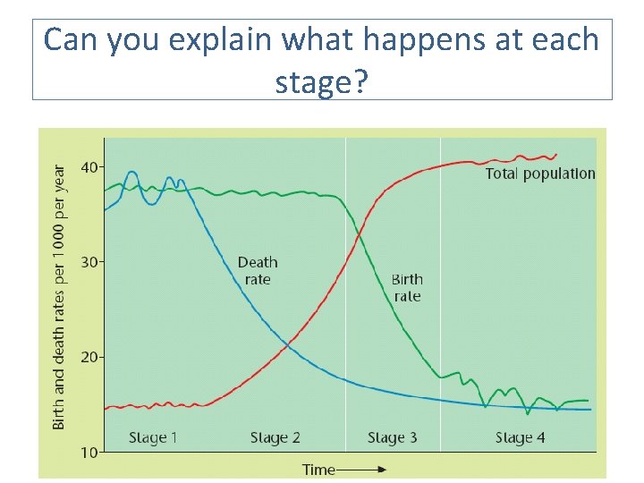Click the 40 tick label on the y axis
90,167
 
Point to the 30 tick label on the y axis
90,262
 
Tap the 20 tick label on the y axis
90,358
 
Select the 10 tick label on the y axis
90,453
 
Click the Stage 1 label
153,437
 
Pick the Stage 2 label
275,437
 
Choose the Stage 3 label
392,437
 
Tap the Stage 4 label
520,437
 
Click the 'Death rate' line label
258,270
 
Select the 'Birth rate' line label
407,287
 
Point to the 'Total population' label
540,174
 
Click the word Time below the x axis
318,469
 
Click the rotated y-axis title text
59,295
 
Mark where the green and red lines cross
358,234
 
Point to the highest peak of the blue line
132,172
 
